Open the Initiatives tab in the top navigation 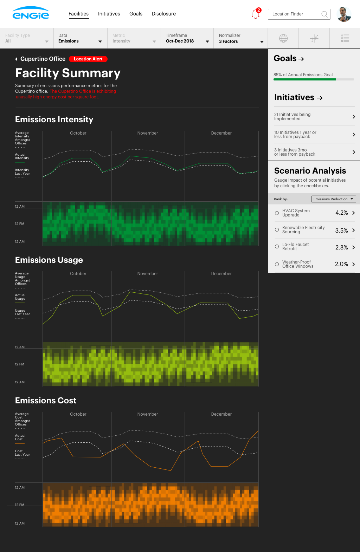(109, 14)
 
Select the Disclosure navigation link (163, 14)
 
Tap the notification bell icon (256, 14)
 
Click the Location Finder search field (295, 14)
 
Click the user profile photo (344, 14)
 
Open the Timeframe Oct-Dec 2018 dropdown (187, 38)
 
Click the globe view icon (283, 38)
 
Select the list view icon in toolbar (345, 38)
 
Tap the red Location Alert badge (88, 59)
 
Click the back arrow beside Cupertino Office (16, 59)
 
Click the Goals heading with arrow (289, 58)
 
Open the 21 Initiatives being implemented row (314, 116)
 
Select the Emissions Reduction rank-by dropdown (333, 199)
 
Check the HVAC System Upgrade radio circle (277, 213)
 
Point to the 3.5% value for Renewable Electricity (341, 230)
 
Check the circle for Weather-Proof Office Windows (277, 264)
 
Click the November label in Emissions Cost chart (147, 414)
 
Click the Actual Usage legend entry (20, 297)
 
